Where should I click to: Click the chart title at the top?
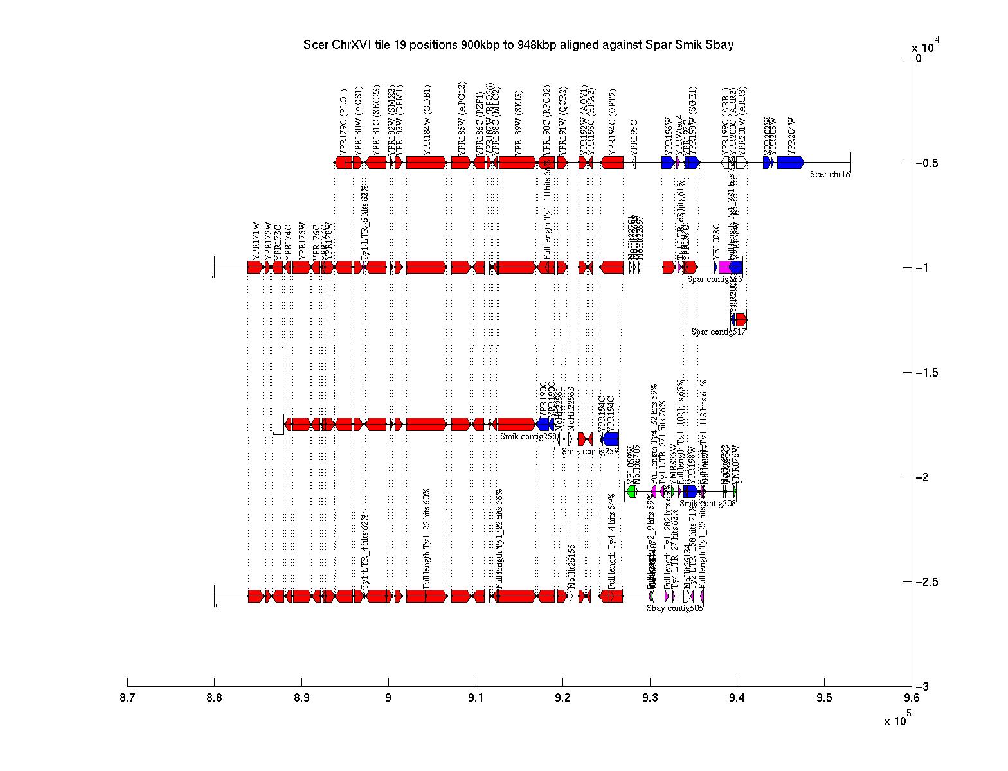(518, 45)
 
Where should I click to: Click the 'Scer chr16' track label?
(830, 173)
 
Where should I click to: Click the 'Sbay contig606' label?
(674, 608)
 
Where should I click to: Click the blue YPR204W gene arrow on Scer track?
(790, 163)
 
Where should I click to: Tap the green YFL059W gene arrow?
(631, 492)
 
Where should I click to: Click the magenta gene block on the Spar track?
(724, 267)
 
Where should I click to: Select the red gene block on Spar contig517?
(741, 319)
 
